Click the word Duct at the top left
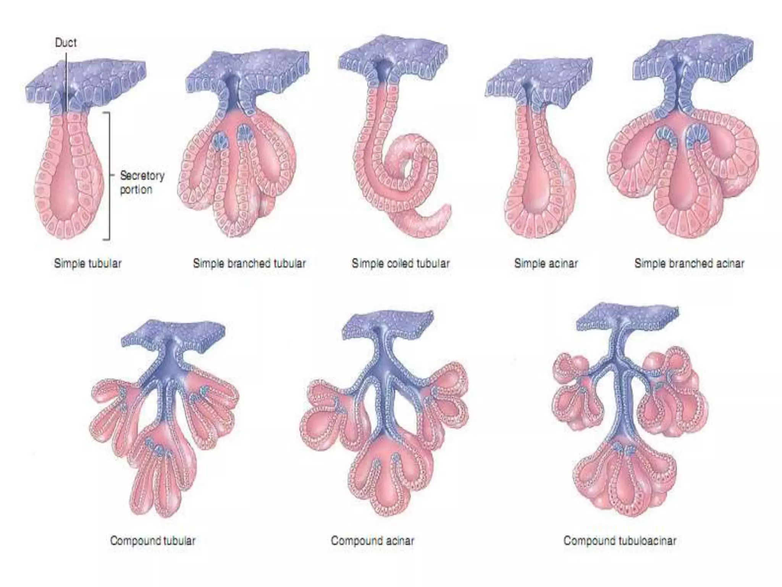[x=66, y=42]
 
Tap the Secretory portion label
[x=142, y=183]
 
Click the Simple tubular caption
[x=88, y=263]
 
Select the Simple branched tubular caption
[x=249, y=263]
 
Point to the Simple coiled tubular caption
[x=401, y=263]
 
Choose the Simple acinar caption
[x=546, y=263]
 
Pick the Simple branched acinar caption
[x=689, y=263]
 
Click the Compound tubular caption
[x=153, y=541]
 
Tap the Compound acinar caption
[x=372, y=541]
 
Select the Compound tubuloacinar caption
[x=620, y=541]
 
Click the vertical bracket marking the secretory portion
[x=110, y=176]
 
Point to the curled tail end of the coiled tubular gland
[x=439, y=218]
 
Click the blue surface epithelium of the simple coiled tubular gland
[x=393, y=54]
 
